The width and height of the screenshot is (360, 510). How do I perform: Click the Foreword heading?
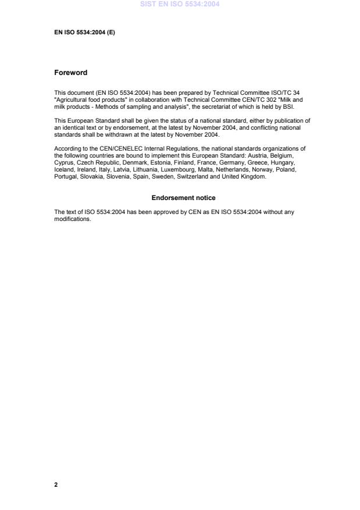(x=70, y=73)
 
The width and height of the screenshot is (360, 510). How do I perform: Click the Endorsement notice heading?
(x=183, y=198)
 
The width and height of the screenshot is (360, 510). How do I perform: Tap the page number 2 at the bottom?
(x=56, y=484)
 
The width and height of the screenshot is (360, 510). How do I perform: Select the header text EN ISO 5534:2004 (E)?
(x=84, y=33)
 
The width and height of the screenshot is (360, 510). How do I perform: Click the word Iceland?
(x=63, y=171)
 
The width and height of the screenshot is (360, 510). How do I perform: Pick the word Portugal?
(x=66, y=177)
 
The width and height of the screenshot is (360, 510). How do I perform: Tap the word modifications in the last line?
(x=72, y=219)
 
